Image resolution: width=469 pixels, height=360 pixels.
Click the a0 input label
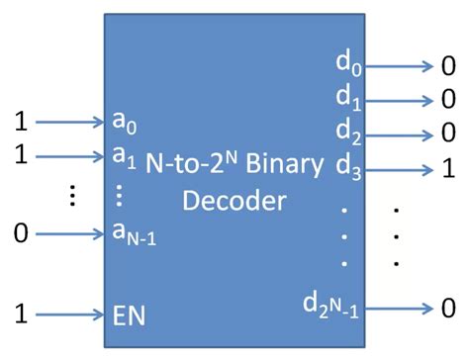(x=125, y=124)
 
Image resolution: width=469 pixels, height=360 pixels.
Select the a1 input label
(x=125, y=156)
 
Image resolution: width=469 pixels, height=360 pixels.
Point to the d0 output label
(x=348, y=64)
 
